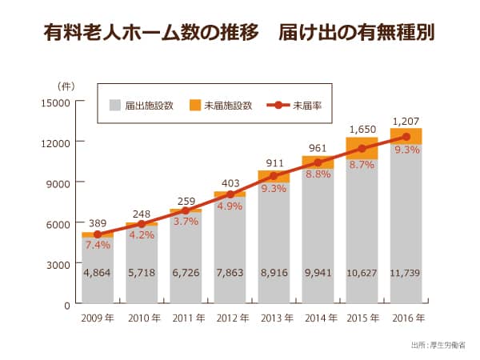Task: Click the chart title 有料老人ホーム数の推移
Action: pos(152,34)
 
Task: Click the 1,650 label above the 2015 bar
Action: pos(362,129)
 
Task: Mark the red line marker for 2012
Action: pos(230,194)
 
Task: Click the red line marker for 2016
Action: pos(406,137)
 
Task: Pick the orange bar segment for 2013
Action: pos(274,176)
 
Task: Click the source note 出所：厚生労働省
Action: pos(437,346)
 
